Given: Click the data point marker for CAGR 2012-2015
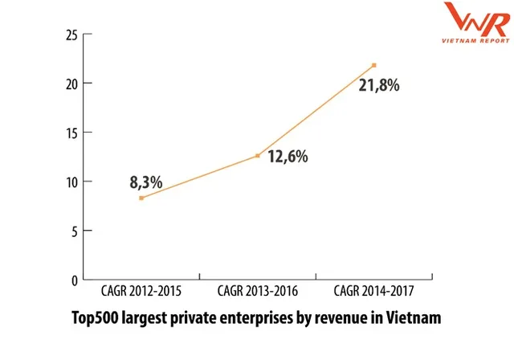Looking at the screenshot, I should pos(141,198).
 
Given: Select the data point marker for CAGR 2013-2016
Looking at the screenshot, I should pos(258,155).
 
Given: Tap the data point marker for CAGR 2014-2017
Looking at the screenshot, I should pos(374,65).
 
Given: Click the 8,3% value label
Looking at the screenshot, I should pos(146,182).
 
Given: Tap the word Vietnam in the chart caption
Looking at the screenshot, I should pos(415,317).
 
